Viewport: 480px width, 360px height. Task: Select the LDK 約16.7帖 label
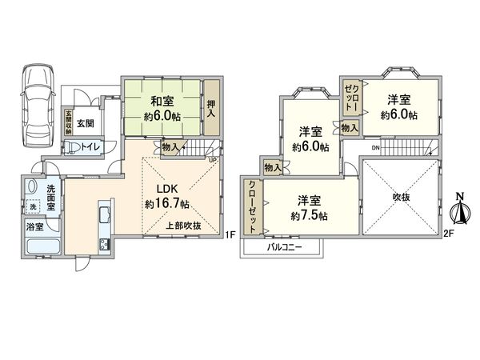(x=166, y=198)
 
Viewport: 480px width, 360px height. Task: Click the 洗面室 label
(x=29, y=198)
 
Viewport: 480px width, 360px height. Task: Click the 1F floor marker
(x=230, y=235)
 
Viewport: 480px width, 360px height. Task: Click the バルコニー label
(x=283, y=247)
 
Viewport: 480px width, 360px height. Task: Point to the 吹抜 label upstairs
(x=400, y=196)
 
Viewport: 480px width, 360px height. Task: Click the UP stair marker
(x=212, y=158)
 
